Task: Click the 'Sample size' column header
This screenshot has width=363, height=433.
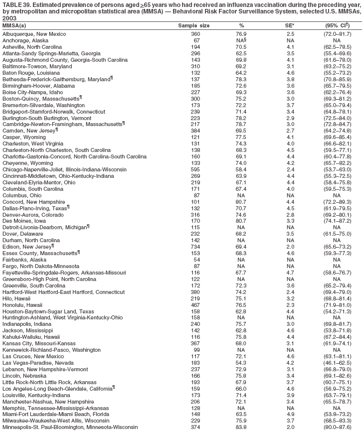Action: pyautogui.click(x=194, y=25)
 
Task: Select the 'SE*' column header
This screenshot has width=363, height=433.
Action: pyautogui.click(x=286, y=25)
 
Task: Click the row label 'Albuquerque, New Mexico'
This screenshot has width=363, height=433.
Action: pyautogui.click(x=31, y=34)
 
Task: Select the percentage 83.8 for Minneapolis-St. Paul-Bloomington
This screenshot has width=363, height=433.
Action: pyautogui.click(x=241, y=427)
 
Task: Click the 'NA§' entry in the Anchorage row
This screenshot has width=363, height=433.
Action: pyautogui.click(x=241, y=40)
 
